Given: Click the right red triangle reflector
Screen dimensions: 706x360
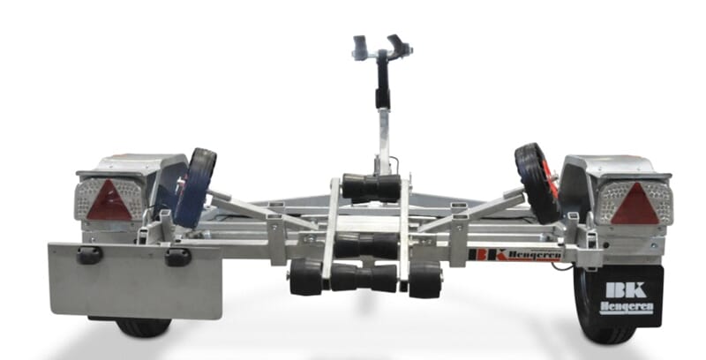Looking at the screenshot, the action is coord(635,204).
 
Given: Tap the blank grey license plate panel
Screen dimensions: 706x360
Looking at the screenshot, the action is coord(136,281).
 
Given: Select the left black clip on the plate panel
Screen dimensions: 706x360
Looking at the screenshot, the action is coord(89,255).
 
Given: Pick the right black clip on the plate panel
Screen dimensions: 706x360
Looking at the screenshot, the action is coord(178,257).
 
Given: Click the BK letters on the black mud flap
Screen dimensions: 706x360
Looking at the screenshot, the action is coord(626,289).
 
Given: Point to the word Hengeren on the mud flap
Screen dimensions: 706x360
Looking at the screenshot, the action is coord(626,308).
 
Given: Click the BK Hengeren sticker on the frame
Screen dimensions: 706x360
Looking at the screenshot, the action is coord(514,255).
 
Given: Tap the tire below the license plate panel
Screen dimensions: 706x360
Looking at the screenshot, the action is coord(143,327).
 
